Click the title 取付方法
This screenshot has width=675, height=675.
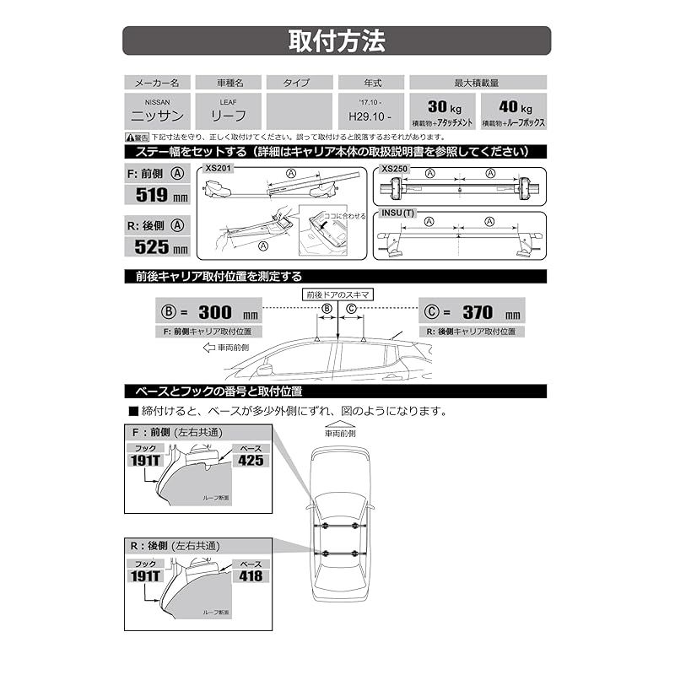pos(337,40)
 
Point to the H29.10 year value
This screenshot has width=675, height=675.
pos(370,117)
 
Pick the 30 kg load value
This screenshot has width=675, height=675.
pos(442,108)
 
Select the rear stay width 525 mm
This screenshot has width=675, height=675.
pos(157,247)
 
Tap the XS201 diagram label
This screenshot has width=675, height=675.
pos(219,169)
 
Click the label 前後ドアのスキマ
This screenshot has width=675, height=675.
pos(337,294)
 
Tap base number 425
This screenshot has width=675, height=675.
pos(250,461)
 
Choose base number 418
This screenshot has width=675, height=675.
pos(250,576)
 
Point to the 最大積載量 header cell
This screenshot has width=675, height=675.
pos(478,83)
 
